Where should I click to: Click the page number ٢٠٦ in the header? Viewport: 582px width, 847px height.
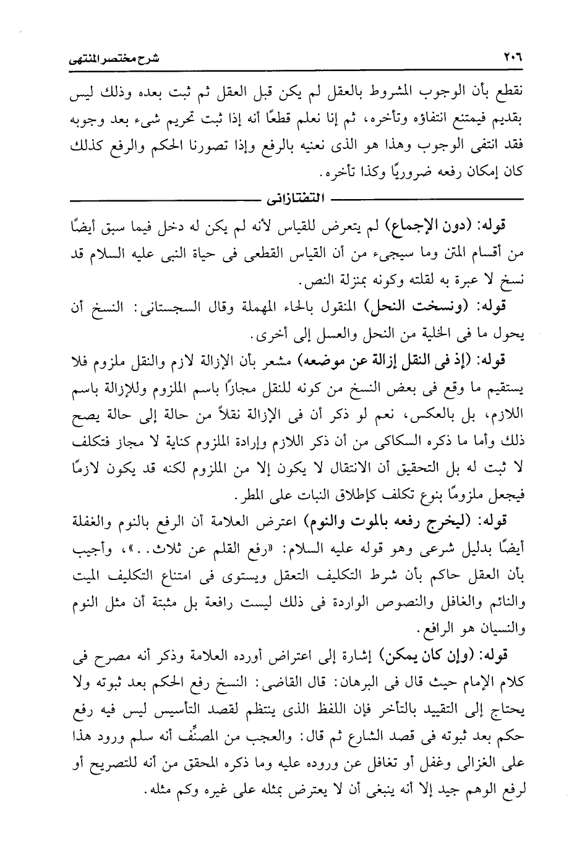pos(513,59)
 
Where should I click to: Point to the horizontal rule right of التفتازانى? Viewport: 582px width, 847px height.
pos(427,200)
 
